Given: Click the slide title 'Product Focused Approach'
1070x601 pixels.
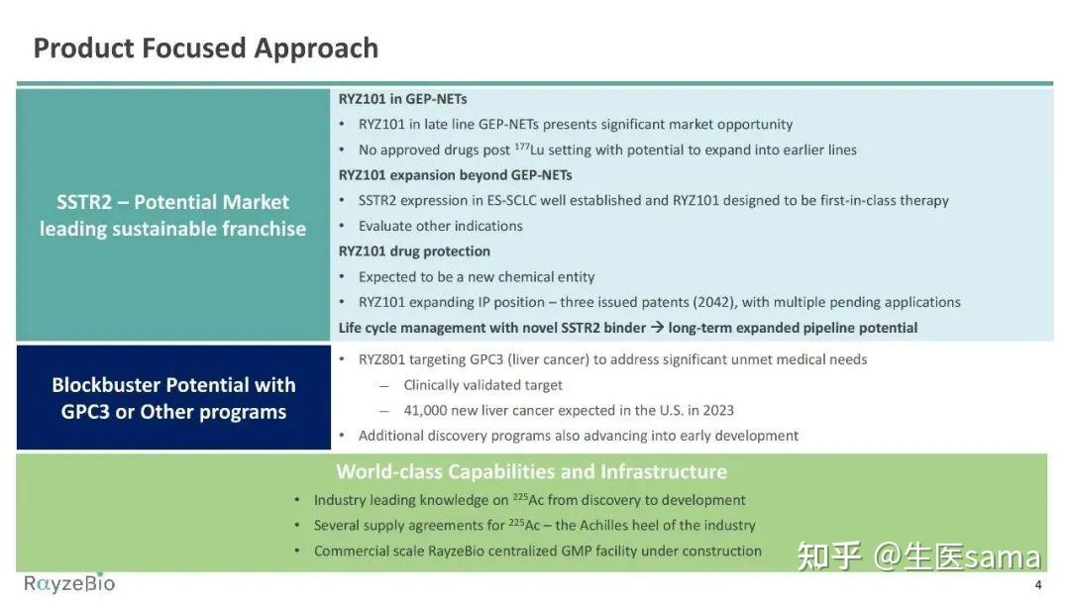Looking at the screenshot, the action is pos(205,49).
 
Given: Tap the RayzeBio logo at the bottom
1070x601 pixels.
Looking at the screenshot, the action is pos(69,583).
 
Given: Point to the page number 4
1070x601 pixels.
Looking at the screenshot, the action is pos(1038,584).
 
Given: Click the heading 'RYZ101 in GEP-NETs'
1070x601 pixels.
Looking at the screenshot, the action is pos(402,99).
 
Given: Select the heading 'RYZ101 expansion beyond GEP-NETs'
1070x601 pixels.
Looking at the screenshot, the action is pos(455,175).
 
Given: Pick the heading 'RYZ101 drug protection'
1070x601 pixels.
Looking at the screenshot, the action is pos(414,251).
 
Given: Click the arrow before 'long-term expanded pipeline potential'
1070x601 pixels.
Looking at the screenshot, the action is pos(657,328).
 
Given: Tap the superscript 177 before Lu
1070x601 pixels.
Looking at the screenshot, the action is pos(521,146).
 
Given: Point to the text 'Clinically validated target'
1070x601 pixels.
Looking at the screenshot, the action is pos(483,385).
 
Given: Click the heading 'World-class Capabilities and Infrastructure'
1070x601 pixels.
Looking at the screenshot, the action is pos(532,471).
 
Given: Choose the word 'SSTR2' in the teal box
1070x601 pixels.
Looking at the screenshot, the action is pos(84,202).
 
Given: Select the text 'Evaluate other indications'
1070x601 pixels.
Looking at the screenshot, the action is pos(440,226).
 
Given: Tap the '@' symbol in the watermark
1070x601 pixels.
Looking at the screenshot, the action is pos(886,556).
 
